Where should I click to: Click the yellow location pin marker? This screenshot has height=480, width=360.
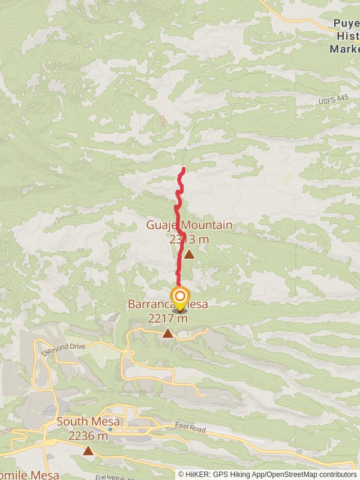point(179,299)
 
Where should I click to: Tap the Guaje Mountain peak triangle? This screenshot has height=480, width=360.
point(189,254)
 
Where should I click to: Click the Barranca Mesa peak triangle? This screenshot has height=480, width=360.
point(167,333)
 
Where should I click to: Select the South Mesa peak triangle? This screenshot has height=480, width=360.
point(88,451)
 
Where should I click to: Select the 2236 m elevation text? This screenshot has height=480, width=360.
point(88,436)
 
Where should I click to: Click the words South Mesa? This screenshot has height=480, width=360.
point(88,422)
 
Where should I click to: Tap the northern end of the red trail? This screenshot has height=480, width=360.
point(183,169)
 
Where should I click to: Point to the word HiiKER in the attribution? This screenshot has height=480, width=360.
point(201,474)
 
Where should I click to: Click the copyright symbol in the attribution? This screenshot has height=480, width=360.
point(181,474)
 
